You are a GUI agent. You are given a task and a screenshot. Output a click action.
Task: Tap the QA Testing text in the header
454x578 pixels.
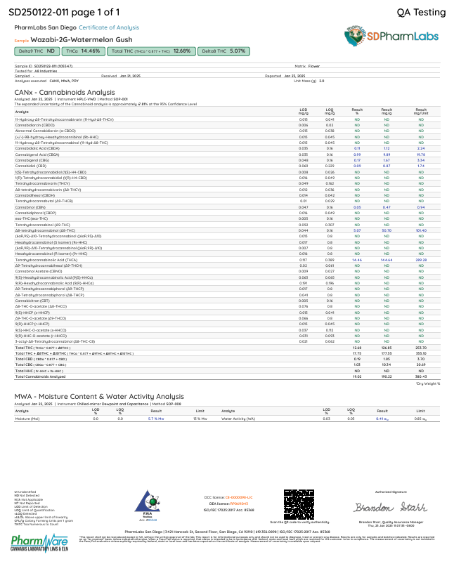(x=421, y=12)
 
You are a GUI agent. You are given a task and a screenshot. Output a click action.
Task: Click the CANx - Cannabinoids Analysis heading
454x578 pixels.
(x=64, y=92)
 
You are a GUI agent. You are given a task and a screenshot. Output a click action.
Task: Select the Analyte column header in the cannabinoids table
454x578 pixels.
(x=22, y=111)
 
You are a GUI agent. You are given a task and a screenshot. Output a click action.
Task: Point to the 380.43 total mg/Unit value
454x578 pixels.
(x=421, y=376)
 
